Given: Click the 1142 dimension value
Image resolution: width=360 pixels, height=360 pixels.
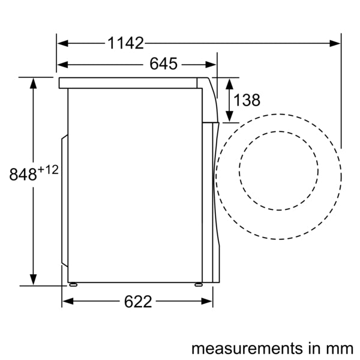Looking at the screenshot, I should click(125, 43).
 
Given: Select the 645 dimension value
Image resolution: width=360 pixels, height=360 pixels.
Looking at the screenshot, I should click(163, 65).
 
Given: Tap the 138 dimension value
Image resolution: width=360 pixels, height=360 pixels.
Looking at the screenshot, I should click(247, 100).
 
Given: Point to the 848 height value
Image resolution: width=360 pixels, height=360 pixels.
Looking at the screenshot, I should click(23, 175).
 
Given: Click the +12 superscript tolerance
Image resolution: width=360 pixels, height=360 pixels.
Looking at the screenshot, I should click(48, 170).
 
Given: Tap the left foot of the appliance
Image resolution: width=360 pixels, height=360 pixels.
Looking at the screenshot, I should click(73, 284).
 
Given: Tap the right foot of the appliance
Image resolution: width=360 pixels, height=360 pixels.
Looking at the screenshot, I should click(199, 284).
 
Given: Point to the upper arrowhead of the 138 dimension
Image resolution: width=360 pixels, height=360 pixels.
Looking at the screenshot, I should click(229, 83).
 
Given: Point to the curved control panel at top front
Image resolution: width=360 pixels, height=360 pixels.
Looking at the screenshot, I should click(210, 99).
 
